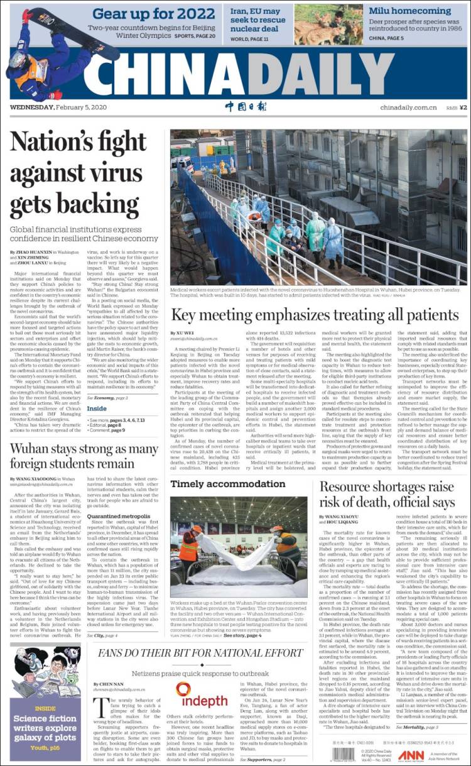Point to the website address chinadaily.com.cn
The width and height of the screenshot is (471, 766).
click(408, 107)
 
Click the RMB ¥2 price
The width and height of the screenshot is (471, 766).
click(456, 107)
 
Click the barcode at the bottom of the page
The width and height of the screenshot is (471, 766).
click(344, 753)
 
